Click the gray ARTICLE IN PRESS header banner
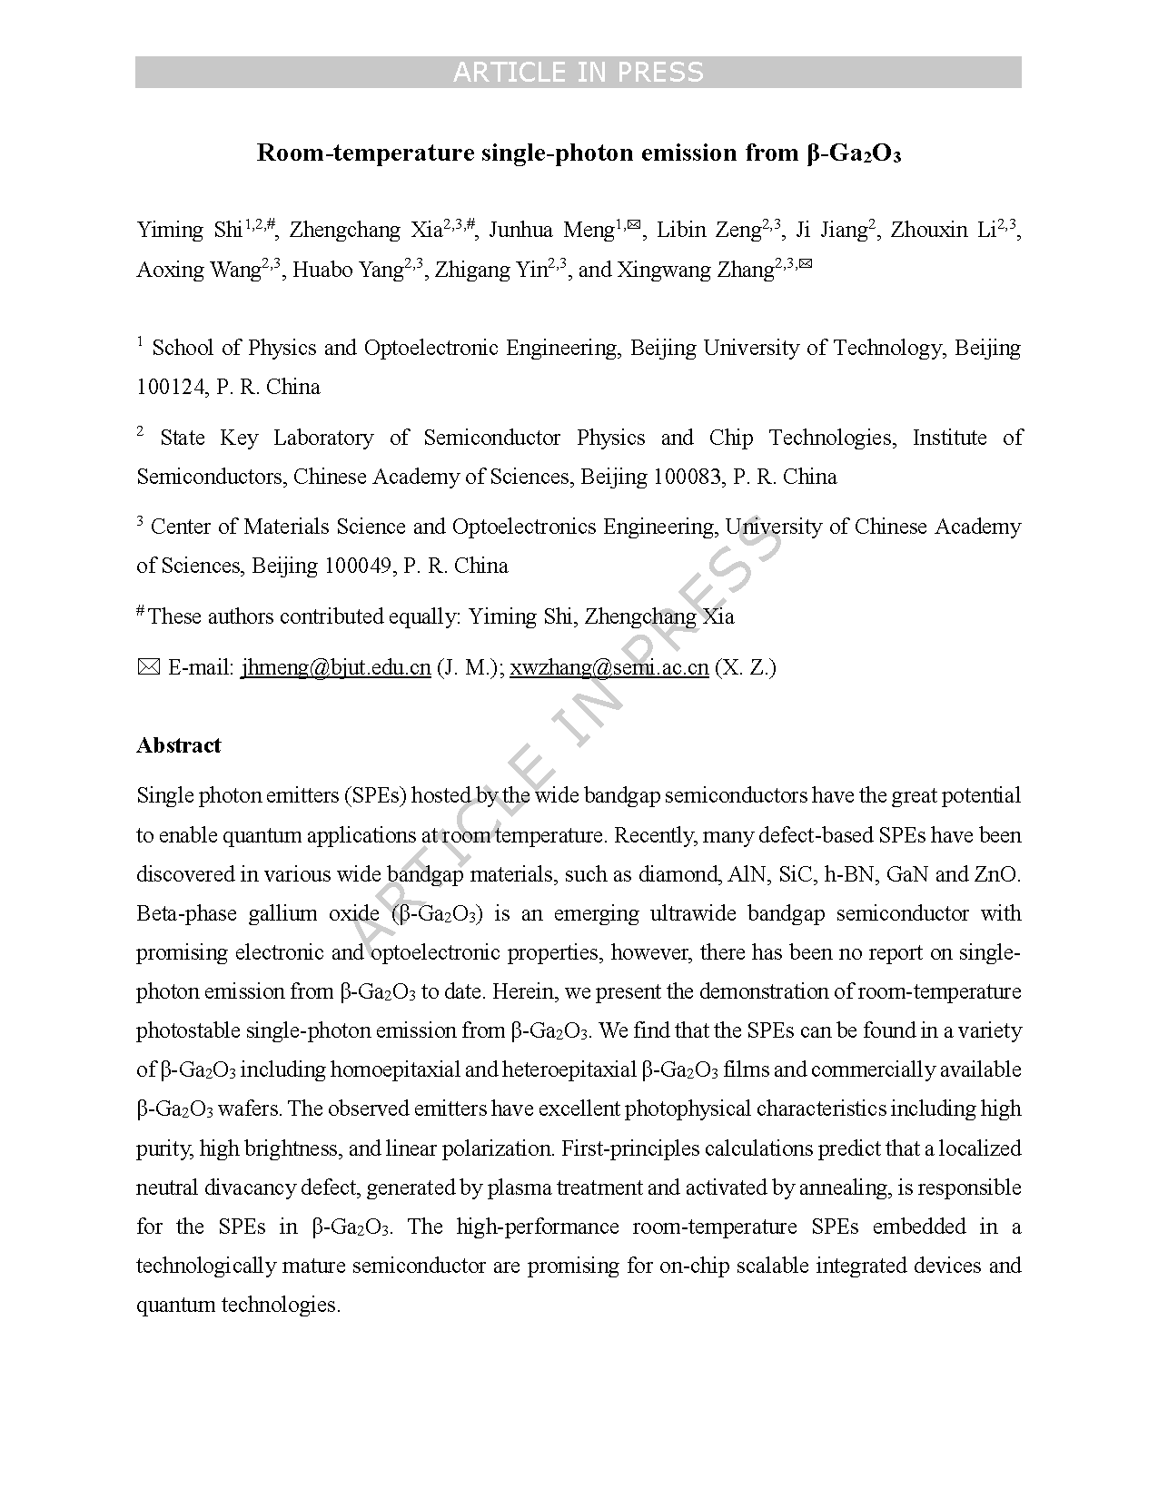[x=578, y=72]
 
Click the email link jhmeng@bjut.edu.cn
[x=335, y=668]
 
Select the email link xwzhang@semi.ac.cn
[x=609, y=668]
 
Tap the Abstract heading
[x=179, y=745]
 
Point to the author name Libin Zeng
[x=708, y=231]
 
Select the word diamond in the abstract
[x=678, y=874]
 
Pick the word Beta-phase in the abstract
[x=186, y=913]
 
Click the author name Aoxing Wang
[x=198, y=271]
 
